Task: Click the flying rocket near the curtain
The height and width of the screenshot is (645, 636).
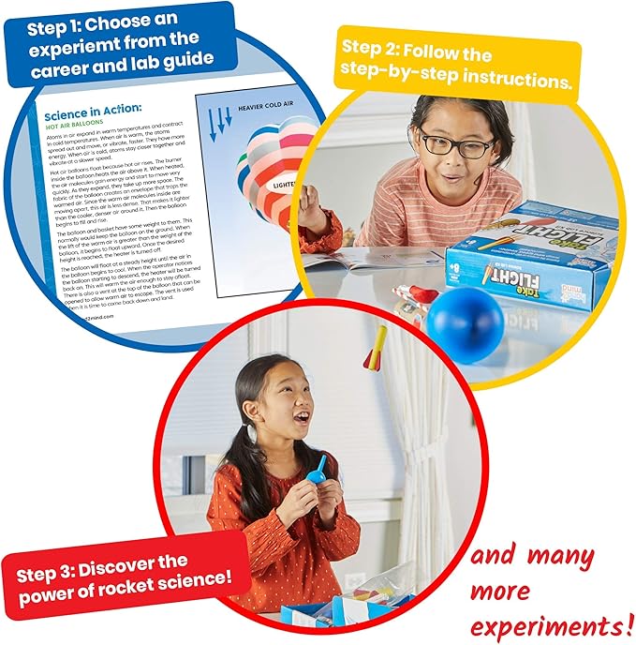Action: (x=378, y=347)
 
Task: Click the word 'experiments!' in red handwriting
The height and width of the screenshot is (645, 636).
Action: (x=542, y=624)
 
